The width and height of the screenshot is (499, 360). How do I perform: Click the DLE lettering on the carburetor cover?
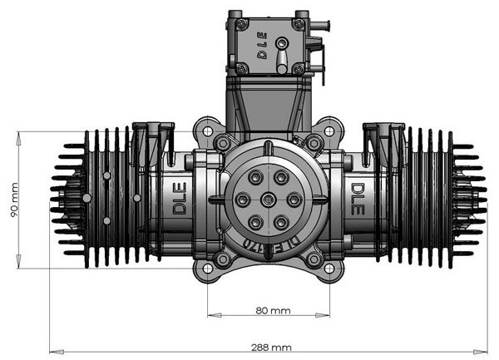pos(261,45)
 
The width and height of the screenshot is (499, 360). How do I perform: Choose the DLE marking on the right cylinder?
pos(356,200)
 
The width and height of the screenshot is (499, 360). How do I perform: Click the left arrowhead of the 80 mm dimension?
pos(210,316)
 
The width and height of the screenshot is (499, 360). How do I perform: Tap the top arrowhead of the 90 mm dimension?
pos(18,133)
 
